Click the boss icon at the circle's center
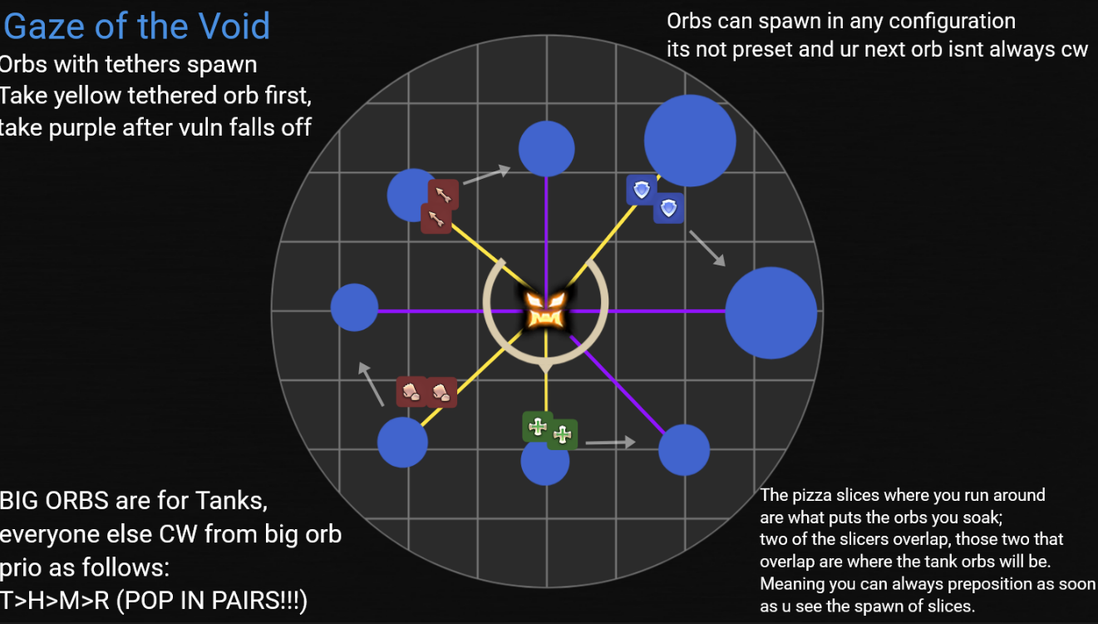[546, 310]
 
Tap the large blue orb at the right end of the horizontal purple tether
[771, 313]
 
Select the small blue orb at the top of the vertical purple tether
[546, 148]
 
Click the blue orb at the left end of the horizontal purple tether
[355, 307]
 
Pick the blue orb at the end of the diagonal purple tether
[683, 449]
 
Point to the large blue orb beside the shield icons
[690, 140]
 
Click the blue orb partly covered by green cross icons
[544, 463]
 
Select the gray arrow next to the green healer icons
[610, 443]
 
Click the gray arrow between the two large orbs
[707, 248]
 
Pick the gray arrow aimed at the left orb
[371, 384]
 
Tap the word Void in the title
[234, 27]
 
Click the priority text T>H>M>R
[55, 600]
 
